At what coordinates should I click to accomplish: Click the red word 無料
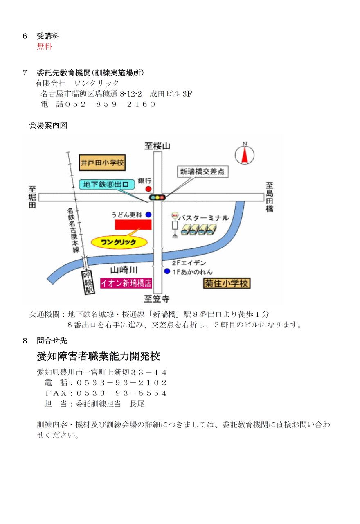pos(45,47)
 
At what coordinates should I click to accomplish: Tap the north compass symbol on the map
pos(245,154)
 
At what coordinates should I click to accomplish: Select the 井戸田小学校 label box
pos(102,163)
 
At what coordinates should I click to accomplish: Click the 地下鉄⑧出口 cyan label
pos(106,185)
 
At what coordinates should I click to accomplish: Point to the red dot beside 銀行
pos(148,189)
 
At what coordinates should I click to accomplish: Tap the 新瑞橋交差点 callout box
pos(202,172)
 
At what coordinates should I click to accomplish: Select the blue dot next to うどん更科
pos(148,215)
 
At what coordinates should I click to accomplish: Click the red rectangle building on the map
pos(133,225)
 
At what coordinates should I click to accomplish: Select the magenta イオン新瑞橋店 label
pos(126,283)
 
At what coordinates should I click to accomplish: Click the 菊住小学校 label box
pos(227,283)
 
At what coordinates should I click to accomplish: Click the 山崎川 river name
pos(124,270)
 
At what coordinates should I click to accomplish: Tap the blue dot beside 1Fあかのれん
pos(167,271)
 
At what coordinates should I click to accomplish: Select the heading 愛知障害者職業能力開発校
pos(99,356)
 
